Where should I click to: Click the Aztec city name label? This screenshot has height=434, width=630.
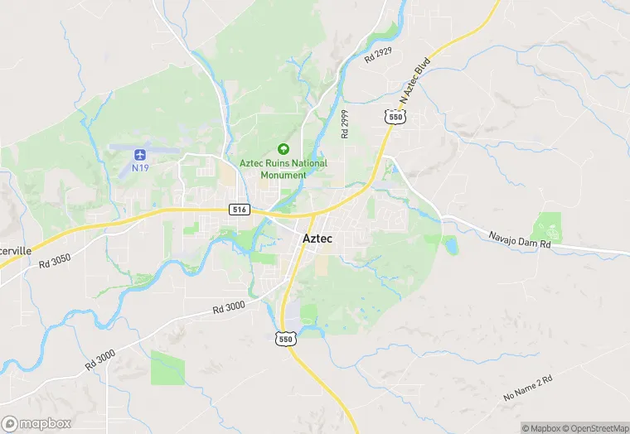pos(317,239)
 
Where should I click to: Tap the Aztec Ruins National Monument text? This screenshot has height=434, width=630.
pos(283,169)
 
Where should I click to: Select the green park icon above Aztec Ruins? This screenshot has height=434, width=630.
pos(283,149)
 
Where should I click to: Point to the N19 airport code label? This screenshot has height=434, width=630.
pos(140,168)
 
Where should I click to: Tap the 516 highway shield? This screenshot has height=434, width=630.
pos(240,210)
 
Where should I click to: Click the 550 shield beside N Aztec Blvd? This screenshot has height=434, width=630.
pos(395,118)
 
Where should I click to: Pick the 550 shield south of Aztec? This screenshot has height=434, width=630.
pos(285,339)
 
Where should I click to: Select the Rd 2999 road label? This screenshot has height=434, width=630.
pos(345,123)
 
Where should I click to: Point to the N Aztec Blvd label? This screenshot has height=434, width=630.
pos(416,81)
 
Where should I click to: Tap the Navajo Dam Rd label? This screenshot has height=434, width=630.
pos(520,239)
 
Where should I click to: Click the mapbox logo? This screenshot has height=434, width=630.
pos(37,423)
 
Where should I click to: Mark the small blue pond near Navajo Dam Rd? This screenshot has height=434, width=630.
pos(450,244)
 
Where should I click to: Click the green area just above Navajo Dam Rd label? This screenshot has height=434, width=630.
pos(547,226)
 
